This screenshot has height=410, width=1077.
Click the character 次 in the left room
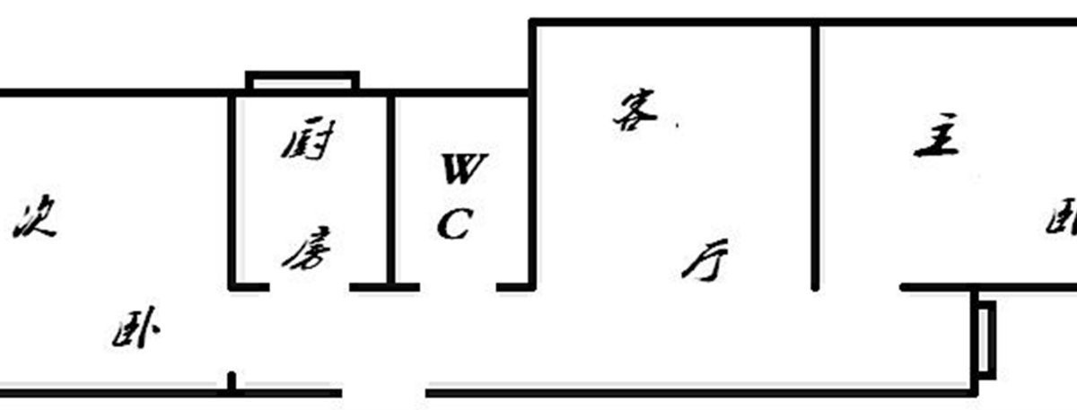pos(35,220)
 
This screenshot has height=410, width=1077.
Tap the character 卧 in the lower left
pos(136,334)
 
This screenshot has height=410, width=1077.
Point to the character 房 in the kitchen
pos(307,250)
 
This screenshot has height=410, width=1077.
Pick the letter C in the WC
pos(454,224)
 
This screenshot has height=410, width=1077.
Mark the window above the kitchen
pos(302,82)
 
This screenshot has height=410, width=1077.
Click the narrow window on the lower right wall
pos(985,339)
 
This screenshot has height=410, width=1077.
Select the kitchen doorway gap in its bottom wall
pos(309,287)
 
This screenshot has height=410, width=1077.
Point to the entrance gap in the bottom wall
pos(383,392)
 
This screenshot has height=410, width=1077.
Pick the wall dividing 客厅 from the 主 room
pos(815,157)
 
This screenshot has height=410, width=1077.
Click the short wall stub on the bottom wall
pos(232,383)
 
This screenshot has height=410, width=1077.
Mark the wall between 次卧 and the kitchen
pos(233,188)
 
